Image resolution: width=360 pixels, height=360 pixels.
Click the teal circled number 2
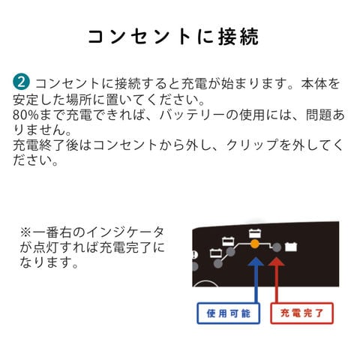tap(21, 82)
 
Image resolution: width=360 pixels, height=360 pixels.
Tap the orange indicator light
tap(255, 244)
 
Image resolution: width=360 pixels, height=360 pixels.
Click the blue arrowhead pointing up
tap(256, 261)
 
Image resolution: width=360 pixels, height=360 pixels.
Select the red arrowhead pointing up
tap(276, 261)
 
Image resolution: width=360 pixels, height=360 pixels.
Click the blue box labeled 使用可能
tap(229, 313)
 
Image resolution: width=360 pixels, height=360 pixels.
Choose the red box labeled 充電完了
tap(301, 313)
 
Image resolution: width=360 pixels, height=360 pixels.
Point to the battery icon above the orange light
tap(255, 233)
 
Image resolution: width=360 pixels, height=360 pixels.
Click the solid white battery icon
tap(291, 247)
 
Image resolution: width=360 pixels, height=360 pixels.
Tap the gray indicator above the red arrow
tap(277, 247)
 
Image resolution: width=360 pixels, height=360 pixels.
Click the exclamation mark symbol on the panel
tap(194, 255)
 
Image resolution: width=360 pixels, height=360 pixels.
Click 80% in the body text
tap(25, 115)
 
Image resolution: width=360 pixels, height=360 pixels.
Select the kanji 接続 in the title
tap(238, 37)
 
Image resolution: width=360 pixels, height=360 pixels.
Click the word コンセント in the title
tap(139, 37)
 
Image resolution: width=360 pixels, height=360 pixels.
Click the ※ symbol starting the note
tap(25, 232)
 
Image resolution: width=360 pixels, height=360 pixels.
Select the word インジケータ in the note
tap(124, 232)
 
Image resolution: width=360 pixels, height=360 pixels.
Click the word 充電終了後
tap(46, 145)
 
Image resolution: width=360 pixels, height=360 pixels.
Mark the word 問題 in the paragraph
tap(319, 115)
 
